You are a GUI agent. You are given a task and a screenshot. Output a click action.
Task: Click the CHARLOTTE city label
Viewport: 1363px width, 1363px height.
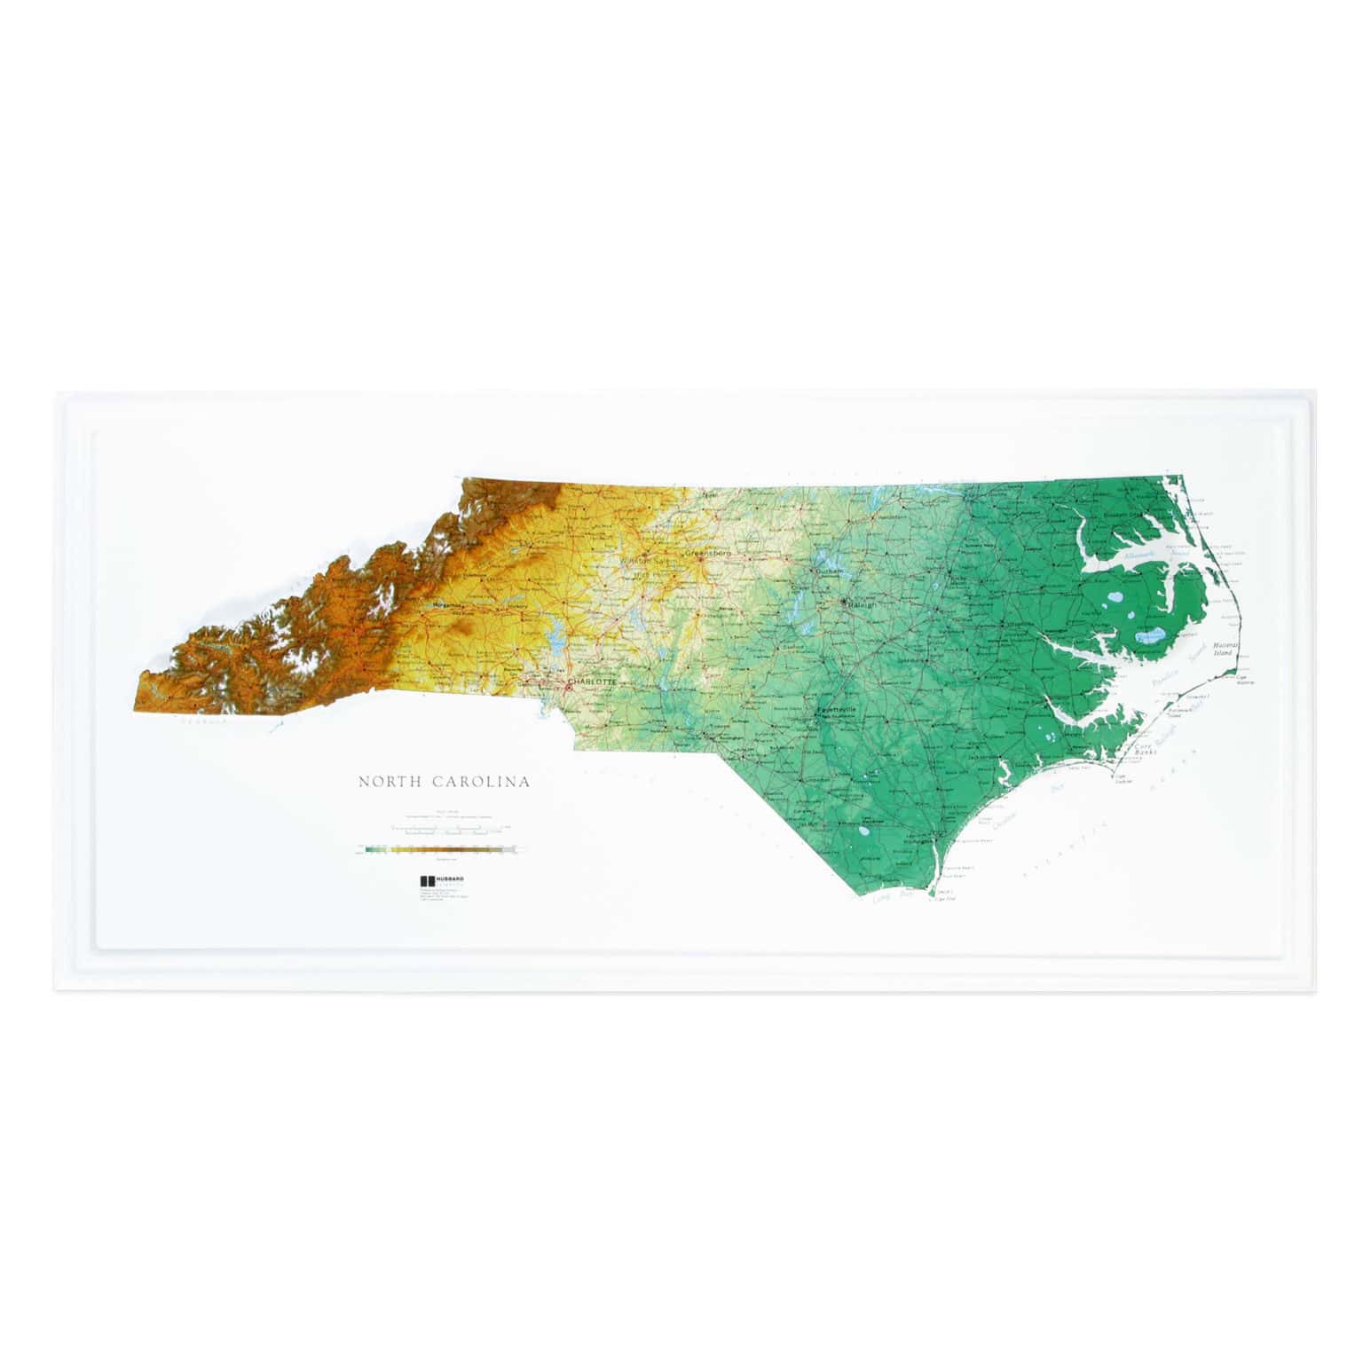[x=592, y=681]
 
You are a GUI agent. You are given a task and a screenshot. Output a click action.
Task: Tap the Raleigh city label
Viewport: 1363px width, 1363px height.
[x=862, y=604]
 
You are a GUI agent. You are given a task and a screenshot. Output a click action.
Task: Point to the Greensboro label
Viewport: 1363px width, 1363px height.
[x=706, y=553]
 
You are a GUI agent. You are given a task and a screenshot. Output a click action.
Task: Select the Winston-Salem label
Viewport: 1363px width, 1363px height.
[x=649, y=561]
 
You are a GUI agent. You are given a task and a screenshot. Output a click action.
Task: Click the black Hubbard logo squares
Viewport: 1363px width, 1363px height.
[x=425, y=881]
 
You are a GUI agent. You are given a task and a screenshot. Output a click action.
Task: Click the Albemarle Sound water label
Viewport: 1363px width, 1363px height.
[x=1141, y=555]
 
